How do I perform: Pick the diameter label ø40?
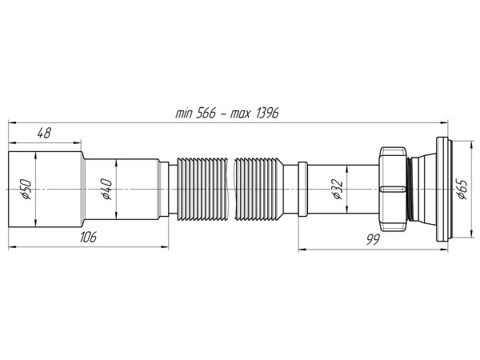105,189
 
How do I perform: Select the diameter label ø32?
337,190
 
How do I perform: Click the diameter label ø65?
462,190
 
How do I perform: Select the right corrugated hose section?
265,189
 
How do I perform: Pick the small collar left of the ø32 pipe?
302,189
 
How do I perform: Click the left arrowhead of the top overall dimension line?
11,122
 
